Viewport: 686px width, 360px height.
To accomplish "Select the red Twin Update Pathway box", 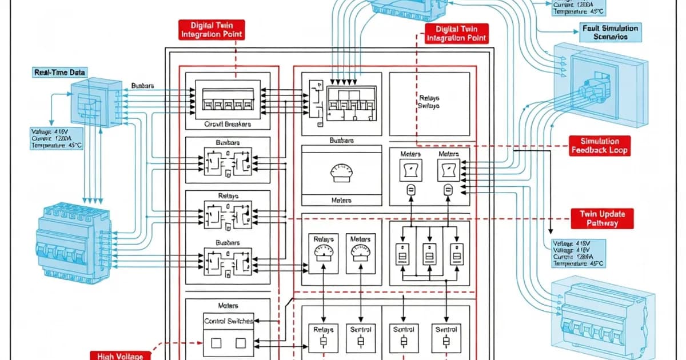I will click(x=603, y=218).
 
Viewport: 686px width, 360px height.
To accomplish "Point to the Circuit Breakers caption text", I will click(x=228, y=123).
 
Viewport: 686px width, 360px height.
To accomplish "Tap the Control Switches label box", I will click(x=228, y=321).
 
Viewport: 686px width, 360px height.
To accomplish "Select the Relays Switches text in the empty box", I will click(x=429, y=102).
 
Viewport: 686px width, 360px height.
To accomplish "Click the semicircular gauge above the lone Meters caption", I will click(x=342, y=173).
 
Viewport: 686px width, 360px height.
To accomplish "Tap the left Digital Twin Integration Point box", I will click(x=212, y=30).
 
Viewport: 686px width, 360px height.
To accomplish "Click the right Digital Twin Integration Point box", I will click(x=457, y=33).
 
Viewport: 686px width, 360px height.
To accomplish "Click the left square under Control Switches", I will click(x=216, y=343).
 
